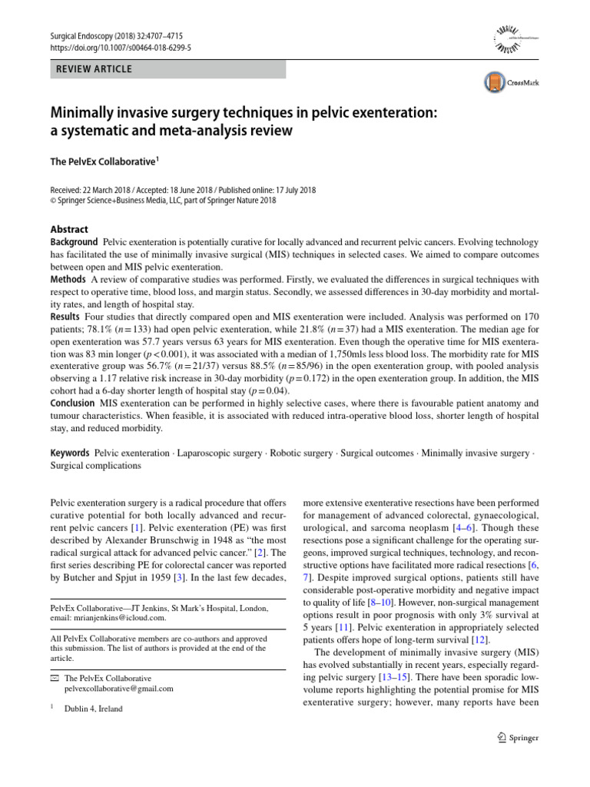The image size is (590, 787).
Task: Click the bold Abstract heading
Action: coord(69,229)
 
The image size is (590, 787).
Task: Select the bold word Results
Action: coord(65,316)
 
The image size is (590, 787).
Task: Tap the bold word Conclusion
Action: coord(73,403)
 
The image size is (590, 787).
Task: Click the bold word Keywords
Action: coord(71,453)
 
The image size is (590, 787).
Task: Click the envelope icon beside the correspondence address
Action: coord(54,678)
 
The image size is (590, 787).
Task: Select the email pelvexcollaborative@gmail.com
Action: coord(119,689)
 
